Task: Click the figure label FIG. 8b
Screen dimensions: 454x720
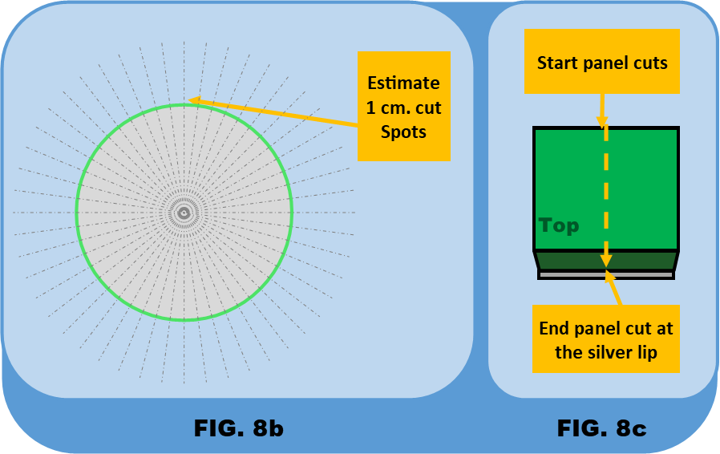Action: [238, 428]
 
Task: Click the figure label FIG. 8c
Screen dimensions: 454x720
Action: [601, 428]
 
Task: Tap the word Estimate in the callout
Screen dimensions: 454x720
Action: [403, 83]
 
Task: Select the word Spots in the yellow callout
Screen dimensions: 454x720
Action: [403, 132]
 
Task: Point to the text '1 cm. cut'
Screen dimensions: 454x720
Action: [403, 107]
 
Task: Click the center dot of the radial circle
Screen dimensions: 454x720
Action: [184, 213]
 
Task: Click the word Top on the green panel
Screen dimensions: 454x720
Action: [559, 225]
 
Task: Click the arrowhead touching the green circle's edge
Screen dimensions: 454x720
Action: [192, 101]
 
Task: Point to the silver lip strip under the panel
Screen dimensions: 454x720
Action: [605, 274]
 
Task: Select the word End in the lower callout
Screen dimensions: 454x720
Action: [554, 329]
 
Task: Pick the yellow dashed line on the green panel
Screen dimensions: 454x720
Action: [606, 193]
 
